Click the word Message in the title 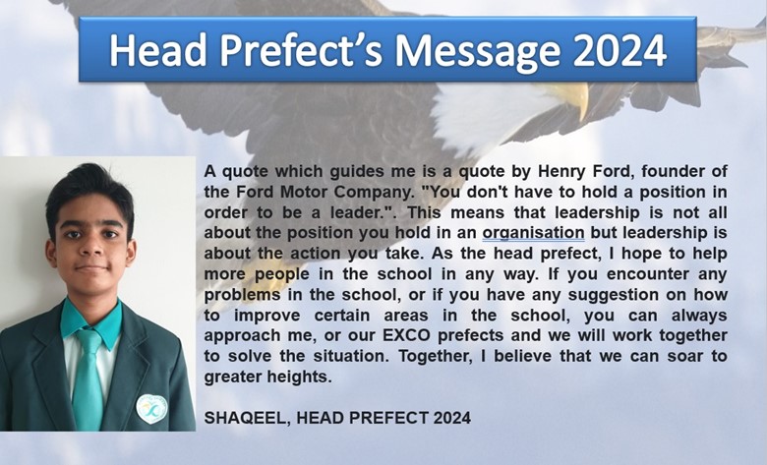point(478,50)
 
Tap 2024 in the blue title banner point(620,50)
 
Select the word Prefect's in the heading point(301,50)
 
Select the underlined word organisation point(533,233)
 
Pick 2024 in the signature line point(452,418)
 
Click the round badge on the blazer point(151,409)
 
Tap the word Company point(373,192)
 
